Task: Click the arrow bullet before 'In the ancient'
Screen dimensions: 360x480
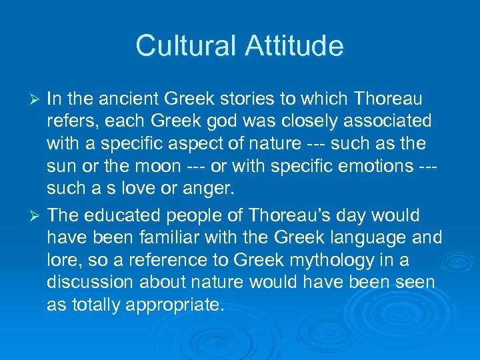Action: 37,100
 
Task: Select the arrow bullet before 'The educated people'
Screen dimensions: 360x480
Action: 37,216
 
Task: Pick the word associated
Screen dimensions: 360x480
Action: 379,122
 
